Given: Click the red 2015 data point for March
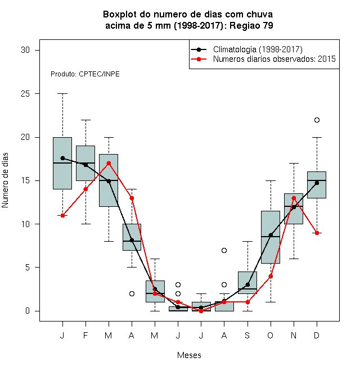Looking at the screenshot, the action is click(109, 163).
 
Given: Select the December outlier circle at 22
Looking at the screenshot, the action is click(317, 120).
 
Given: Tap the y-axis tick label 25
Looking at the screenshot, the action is click(25, 94).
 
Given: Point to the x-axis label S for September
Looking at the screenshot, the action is click(247, 335).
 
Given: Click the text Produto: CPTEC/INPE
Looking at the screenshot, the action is click(85, 74).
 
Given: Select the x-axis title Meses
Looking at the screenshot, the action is click(189, 355).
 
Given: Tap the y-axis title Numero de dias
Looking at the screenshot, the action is click(5, 180).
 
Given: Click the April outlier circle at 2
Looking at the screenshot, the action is click(132, 293).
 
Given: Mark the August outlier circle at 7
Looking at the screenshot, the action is click(224, 250).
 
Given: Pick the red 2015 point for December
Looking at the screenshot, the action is click(317, 233).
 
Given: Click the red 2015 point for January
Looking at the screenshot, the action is click(62, 215).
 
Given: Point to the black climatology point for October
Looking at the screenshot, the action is click(271, 235).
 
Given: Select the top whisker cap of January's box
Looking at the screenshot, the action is click(62, 94).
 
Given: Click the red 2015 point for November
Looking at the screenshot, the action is click(294, 198).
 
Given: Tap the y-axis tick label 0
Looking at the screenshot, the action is click(28, 311).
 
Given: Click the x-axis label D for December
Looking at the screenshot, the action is click(317, 335).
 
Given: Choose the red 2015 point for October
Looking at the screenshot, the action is click(271, 276).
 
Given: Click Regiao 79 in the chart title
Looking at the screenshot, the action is click(251, 25).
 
